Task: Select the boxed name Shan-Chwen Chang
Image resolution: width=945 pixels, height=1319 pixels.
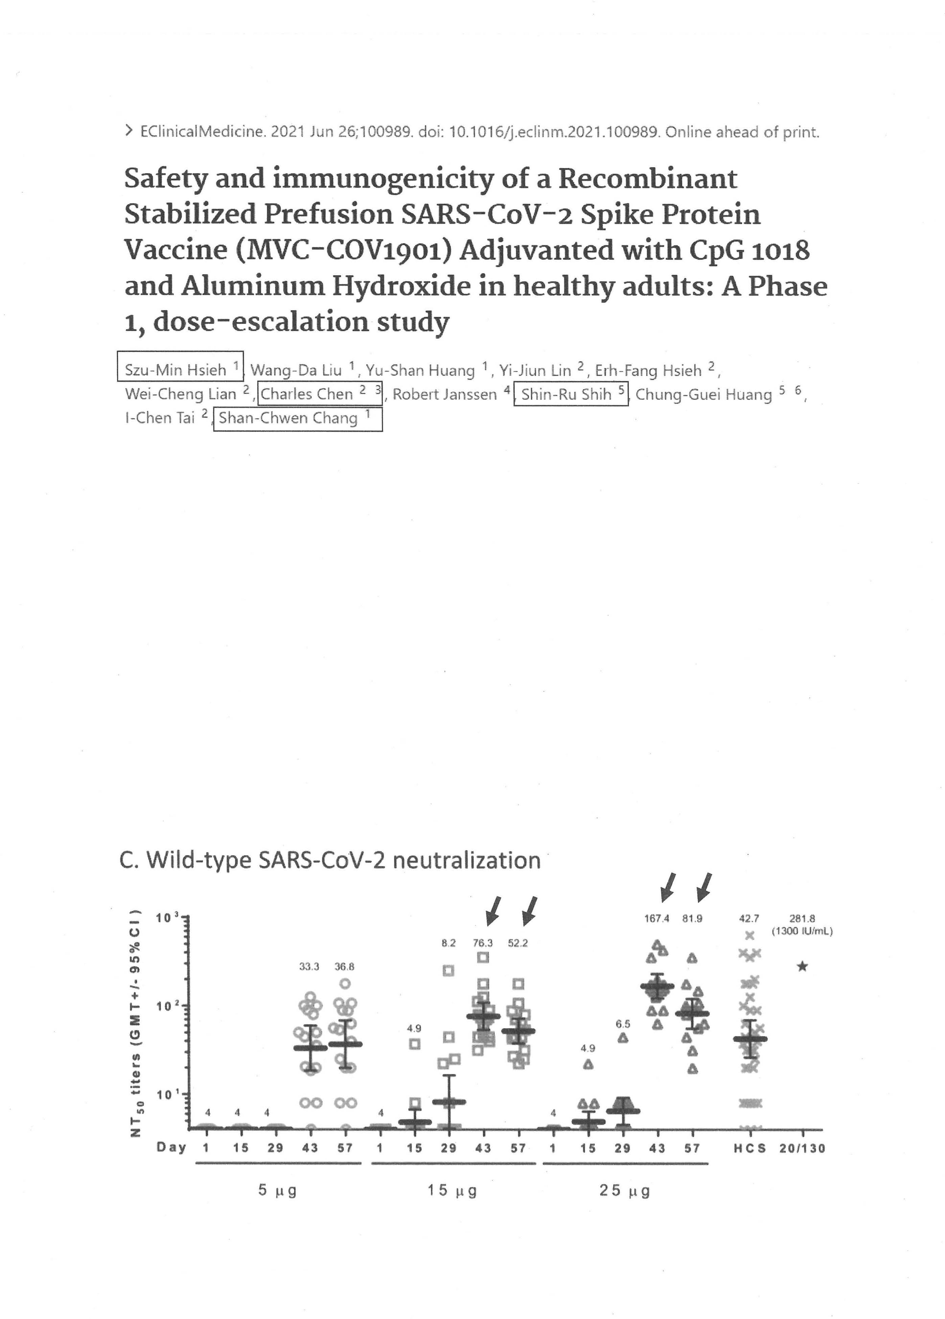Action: pyautogui.click(x=288, y=418)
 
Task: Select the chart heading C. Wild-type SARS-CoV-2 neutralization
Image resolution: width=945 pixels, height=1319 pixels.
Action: pyautogui.click(x=329, y=859)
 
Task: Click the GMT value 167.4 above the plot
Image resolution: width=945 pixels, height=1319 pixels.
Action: pyautogui.click(x=656, y=919)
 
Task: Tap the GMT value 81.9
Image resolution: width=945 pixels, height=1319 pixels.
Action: pyautogui.click(x=692, y=919)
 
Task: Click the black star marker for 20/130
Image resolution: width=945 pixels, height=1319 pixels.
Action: pyautogui.click(x=802, y=967)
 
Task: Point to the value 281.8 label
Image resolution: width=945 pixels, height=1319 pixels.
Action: pyautogui.click(x=802, y=919)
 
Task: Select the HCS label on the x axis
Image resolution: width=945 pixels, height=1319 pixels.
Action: pyautogui.click(x=750, y=1148)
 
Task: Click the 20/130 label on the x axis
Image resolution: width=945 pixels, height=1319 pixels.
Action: pyautogui.click(x=802, y=1148)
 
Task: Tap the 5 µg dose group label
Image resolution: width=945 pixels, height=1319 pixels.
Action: pyautogui.click(x=278, y=1191)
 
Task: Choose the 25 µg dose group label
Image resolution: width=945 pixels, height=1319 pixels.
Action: pyautogui.click(x=624, y=1191)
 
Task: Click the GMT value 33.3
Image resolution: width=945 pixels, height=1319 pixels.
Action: pyautogui.click(x=309, y=967)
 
